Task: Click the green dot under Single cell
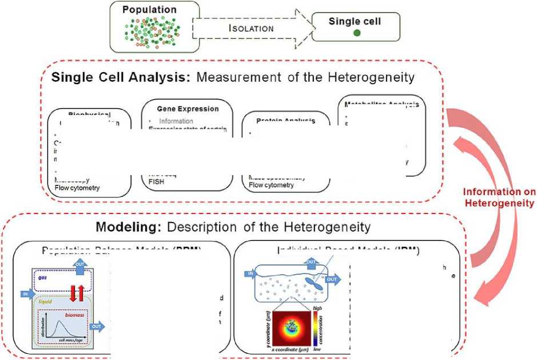(357, 34)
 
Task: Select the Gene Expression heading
(188, 108)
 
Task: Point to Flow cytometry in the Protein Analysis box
(272, 185)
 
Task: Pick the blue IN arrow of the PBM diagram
(25, 294)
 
